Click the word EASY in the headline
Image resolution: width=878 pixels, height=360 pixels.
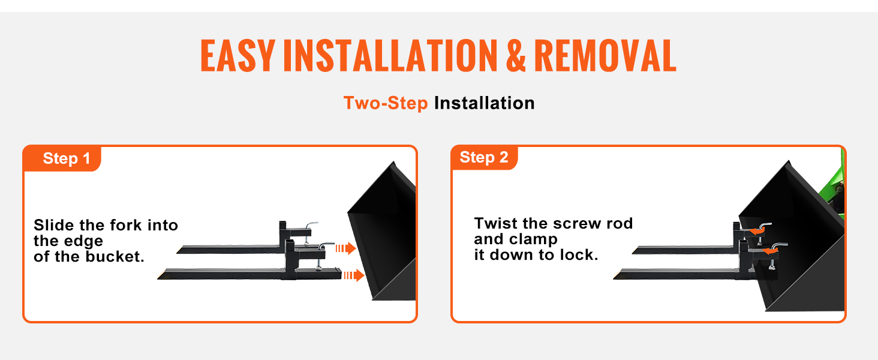(x=237, y=55)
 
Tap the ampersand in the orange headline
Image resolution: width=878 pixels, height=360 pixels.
(x=516, y=55)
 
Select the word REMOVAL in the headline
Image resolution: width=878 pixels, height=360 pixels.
(x=605, y=55)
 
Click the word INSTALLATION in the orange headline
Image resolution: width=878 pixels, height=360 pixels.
(x=390, y=55)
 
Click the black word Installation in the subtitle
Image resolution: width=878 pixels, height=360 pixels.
(x=485, y=103)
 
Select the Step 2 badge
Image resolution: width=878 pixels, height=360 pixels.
(x=485, y=158)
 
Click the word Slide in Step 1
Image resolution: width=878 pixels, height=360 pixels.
(x=54, y=225)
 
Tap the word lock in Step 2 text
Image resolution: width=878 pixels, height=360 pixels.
(x=579, y=255)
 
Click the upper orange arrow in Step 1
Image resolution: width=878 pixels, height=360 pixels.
(x=345, y=248)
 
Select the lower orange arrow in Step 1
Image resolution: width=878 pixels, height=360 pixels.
(x=354, y=275)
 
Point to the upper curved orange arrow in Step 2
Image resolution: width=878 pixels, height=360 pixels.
(x=756, y=232)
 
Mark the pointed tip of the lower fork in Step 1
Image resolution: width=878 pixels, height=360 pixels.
(x=158, y=279)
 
